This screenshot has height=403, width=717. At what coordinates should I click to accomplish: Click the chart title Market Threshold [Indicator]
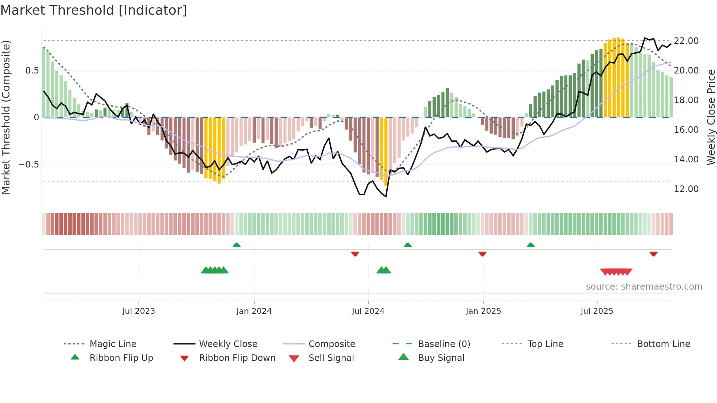tap(94, 10)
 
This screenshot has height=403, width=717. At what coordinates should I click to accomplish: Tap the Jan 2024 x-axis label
tap(254, 311)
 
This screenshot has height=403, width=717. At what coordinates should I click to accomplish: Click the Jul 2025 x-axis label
tap(597, 311)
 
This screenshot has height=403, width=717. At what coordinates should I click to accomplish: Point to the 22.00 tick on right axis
tap(686, 41)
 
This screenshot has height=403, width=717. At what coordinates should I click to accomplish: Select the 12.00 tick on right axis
tap(686, 189)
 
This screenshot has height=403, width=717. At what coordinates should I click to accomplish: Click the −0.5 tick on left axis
tap(29, 164)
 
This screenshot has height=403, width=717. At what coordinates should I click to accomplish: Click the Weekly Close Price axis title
tap(711, 117)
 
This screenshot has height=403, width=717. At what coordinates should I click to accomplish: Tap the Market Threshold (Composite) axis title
tap(6, 117)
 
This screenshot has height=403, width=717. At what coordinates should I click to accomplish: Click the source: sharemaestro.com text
tap(644, 286)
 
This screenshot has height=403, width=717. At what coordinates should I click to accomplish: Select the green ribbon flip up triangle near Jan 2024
tap(237, 245)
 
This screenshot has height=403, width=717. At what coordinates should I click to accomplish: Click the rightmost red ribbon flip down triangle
tap(653, 254)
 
